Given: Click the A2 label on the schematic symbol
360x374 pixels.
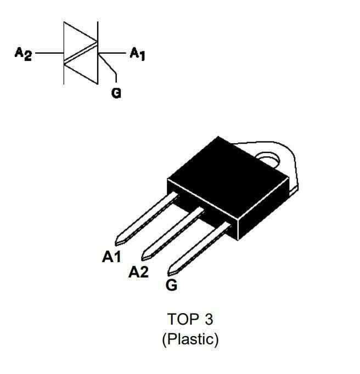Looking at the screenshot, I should point(24,54).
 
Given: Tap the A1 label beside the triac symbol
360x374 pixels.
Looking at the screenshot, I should point(137,54).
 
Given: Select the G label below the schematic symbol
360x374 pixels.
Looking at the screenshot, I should point(116,93).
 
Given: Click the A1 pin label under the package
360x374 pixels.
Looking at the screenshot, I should point(112,257).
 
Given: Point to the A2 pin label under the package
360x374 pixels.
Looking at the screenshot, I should point(138,271).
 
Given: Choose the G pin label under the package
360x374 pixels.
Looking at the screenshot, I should point(171,285).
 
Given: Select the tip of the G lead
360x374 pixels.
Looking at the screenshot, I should point(172,270).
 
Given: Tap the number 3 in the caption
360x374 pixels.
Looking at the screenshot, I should point(207,319).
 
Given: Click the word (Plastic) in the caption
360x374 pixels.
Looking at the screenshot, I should point(190,339).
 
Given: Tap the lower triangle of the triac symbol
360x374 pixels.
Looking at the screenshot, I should point(85,69).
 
